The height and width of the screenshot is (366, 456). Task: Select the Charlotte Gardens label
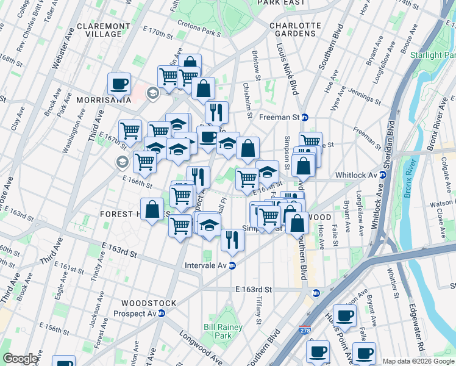(295, 30)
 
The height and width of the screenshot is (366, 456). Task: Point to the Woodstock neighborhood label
(149, 303)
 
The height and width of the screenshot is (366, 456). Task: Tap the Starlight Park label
(434, 56)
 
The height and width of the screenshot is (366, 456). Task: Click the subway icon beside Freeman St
(305, 117)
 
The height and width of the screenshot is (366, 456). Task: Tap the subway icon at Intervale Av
(232, 265)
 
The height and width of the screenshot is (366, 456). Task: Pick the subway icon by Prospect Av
(162, 314)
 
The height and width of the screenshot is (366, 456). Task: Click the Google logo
(20, 359)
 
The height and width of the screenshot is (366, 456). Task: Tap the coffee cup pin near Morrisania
(119, 84)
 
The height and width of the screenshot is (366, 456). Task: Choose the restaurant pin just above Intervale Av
(232, 240)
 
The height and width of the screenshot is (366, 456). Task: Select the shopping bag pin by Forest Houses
(152, 209)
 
